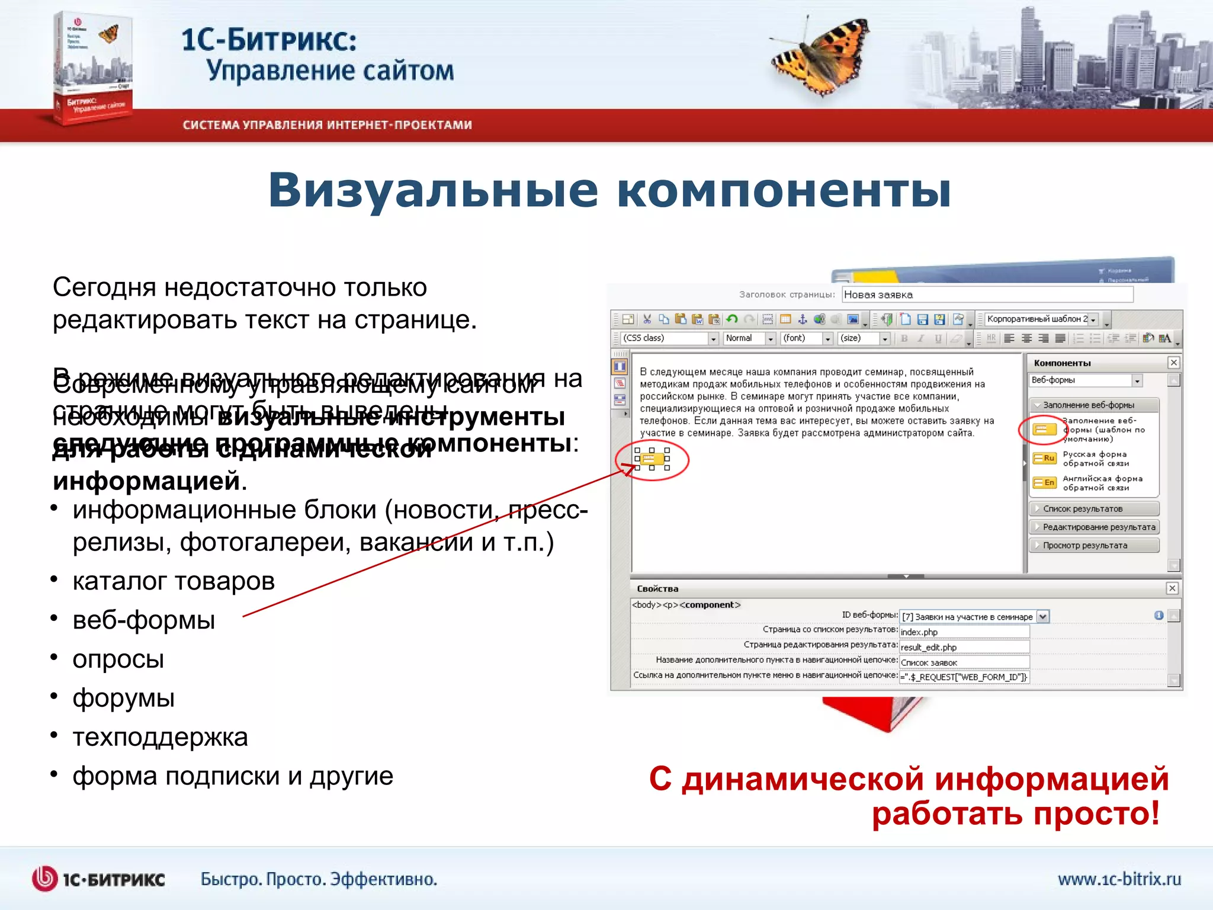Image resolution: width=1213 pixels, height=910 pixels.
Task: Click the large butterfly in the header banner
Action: coord(820,56)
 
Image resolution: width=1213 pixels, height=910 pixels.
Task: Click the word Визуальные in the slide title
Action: coord(433,191)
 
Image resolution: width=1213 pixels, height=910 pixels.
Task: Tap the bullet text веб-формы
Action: coord(143,620)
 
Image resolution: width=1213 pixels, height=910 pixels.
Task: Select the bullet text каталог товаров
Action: coord(174,581)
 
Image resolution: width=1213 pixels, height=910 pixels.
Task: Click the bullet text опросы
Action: coord(118,659)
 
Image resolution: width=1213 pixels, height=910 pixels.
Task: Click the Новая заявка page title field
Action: coord(987,294)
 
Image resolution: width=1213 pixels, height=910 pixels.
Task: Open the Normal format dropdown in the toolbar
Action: coord(749,338)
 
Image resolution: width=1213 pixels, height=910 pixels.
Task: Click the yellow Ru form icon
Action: coord(1045,459)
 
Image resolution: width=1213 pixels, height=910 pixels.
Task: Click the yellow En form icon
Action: coord(1045,483)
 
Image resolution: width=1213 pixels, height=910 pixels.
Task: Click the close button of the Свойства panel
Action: coord(1172,588)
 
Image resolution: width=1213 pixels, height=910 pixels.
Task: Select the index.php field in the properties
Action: coord(964,632)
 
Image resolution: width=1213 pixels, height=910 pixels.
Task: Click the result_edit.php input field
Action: coord(964,648)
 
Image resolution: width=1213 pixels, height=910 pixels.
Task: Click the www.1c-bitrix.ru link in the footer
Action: coord(1119,879)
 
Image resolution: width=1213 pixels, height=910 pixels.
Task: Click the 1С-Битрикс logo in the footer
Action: coord(98,879)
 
